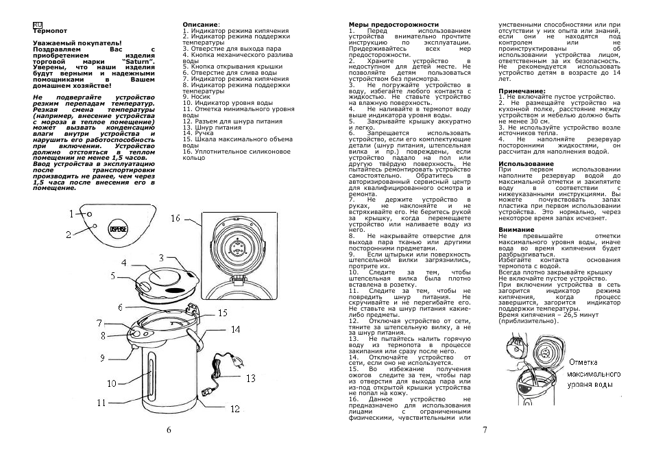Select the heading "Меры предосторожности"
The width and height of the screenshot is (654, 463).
[393, 25]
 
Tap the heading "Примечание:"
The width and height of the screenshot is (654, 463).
[522, 91]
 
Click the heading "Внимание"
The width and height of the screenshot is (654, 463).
[516, 230]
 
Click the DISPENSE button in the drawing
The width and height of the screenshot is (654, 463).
[119, 230]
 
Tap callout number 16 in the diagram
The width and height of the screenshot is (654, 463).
[175, 218]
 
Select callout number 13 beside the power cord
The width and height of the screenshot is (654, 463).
[251, 379]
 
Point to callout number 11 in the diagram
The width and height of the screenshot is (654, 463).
[101, 403]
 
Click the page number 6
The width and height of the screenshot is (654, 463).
[169, 430]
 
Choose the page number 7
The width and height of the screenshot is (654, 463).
[485, 429]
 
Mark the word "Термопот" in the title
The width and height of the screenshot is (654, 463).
[50, 31]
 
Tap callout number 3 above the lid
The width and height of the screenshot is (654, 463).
[161, 259]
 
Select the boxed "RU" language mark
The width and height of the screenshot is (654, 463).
[37, 25]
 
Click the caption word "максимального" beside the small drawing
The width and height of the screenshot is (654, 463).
[594, 374]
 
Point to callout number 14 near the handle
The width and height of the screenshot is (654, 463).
[236, 330]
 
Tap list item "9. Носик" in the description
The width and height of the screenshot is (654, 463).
[197, 97]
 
